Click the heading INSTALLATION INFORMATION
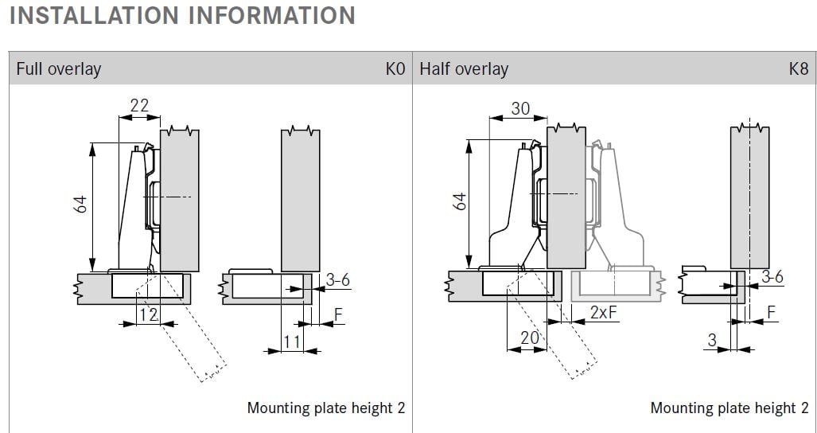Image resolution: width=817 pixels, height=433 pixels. tap(181, 16)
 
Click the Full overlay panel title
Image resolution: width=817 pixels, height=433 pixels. tap(59, 69)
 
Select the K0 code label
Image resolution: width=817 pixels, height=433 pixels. tap(395, 69)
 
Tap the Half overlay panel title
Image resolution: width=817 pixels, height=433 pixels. tap(464, 69)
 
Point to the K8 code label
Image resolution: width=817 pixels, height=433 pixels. tap(798, 69)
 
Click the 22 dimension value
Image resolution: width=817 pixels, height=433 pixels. tap(138, 106)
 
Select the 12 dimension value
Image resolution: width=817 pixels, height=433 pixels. tap(148, 315)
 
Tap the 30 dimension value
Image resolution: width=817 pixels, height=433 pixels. tap(519, 108)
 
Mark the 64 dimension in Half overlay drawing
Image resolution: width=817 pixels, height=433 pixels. tap(459, 202)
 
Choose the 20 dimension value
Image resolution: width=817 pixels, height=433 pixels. tap(529, 337)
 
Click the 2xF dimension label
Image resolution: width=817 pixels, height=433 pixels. tap(604, 313)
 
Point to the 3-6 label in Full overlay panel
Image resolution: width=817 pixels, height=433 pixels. tap(337, 279)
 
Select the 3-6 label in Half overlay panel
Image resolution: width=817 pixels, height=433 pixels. tap(772, 277)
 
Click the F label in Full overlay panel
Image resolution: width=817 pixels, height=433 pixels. tap(338, 315)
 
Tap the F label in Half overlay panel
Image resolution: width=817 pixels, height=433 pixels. tap(770, 313)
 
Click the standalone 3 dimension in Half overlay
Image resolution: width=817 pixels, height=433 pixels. tap(712, 340)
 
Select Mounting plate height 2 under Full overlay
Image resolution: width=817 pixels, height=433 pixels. tap(325, 408)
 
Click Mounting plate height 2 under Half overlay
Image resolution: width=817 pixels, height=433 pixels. tap(729, 408)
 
